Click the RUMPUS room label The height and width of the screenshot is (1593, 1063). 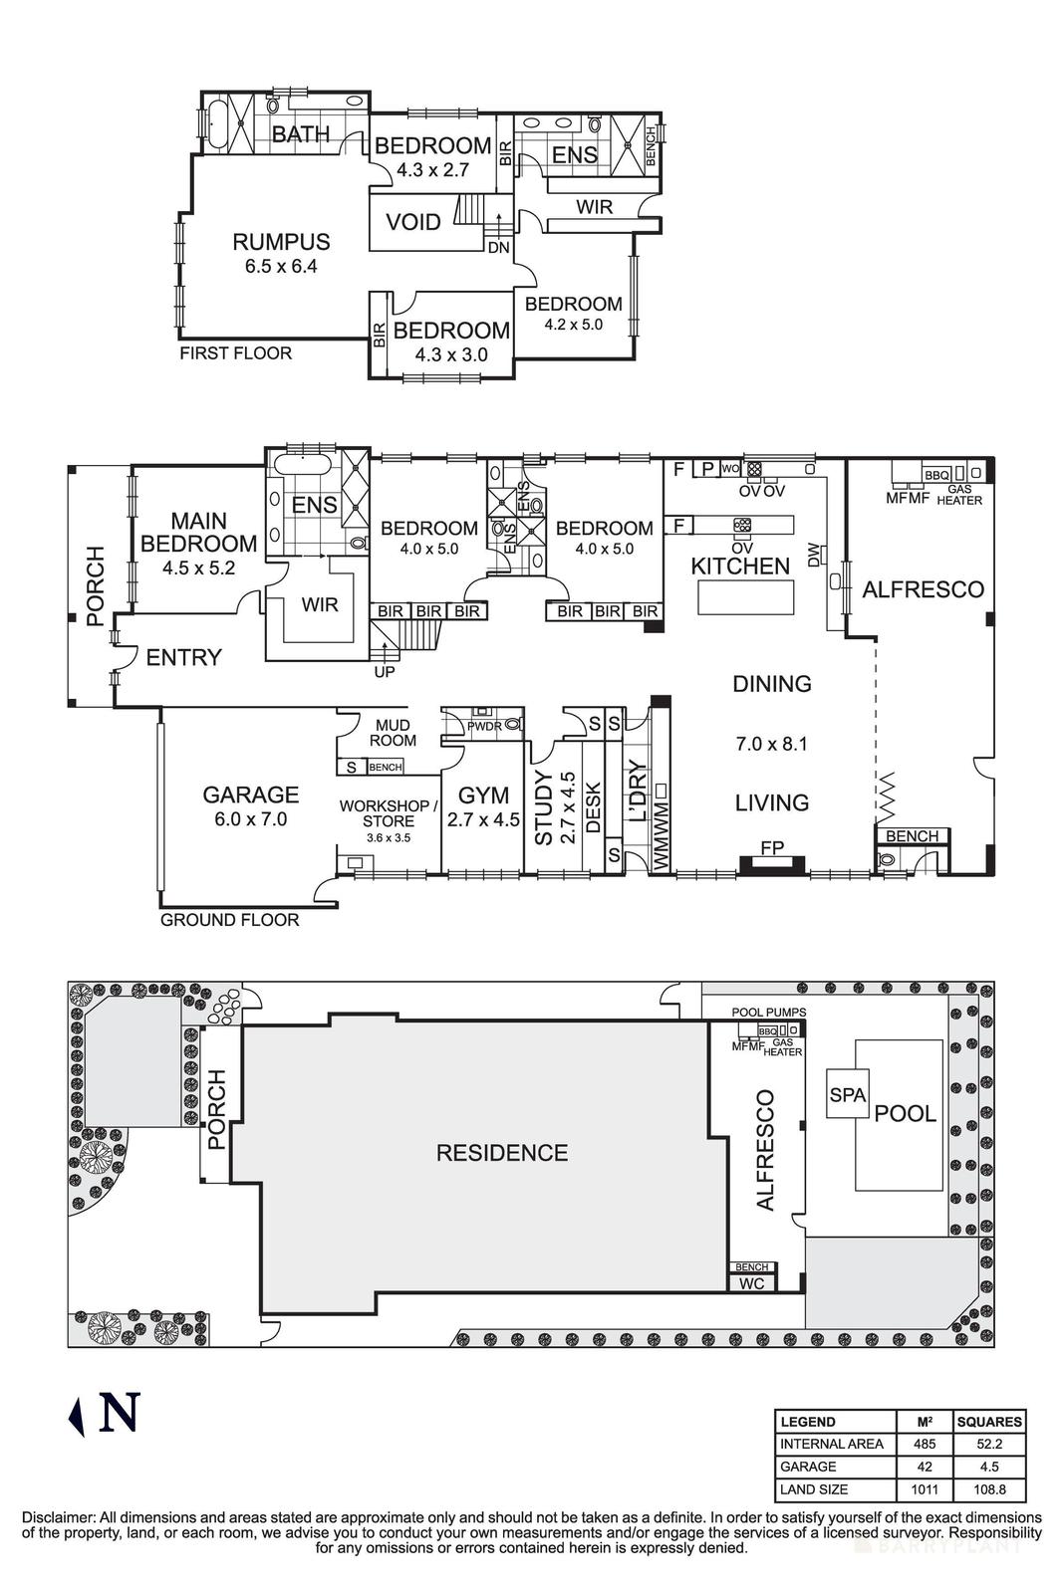point(281,241)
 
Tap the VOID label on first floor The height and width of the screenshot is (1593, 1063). point(413,221)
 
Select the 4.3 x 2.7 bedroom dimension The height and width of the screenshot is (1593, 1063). point(432,170)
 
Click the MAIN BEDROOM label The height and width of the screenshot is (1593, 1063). point(198,532)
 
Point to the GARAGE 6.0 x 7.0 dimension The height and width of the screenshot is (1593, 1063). point(250,819)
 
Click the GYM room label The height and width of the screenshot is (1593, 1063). point(483,796)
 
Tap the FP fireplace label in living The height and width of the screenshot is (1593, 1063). point(772,848)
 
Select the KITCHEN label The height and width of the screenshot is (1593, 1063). point(740,566)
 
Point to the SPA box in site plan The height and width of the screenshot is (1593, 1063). point(849,1095)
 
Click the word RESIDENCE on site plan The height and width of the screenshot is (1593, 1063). point(502,1153)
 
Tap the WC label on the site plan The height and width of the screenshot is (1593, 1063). point(752,1283)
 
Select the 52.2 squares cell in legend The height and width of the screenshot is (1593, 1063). point(988,1444)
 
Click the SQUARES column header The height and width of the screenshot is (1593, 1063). point(988,1421)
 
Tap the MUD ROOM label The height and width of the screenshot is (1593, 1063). point(393,733)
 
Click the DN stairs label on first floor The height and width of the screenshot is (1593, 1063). point(499,247)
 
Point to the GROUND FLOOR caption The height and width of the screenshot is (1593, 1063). point(230,920)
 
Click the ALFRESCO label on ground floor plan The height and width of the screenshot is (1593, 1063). point(923,589)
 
